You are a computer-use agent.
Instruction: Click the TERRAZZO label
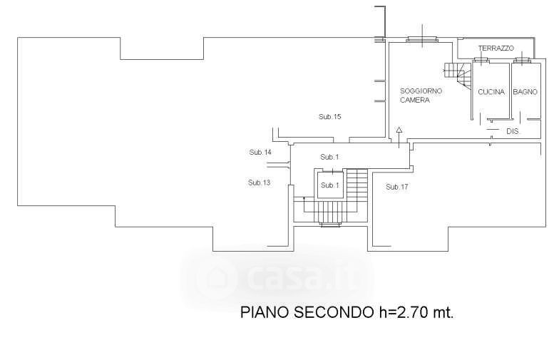click(496, 48)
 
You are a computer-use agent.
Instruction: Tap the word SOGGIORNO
click(421, 91)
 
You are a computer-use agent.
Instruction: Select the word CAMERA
click(414, 101)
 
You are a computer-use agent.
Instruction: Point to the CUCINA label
click(491, 92)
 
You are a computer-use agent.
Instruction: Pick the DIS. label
click(512, 133)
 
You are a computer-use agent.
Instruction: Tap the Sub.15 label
click(330, 116)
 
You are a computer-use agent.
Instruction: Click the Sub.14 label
click(260, 153)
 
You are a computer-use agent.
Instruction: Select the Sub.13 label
click(259, 182)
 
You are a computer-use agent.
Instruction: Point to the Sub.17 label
click(397, 187)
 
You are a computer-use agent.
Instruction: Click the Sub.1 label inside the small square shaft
click(329, 185)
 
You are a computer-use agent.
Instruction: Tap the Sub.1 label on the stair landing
click(329, 157)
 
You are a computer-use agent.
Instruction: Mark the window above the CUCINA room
click(479, 61)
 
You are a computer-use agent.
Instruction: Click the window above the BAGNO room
click(524, 61)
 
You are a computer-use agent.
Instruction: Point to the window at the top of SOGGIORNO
click(422, 39)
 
